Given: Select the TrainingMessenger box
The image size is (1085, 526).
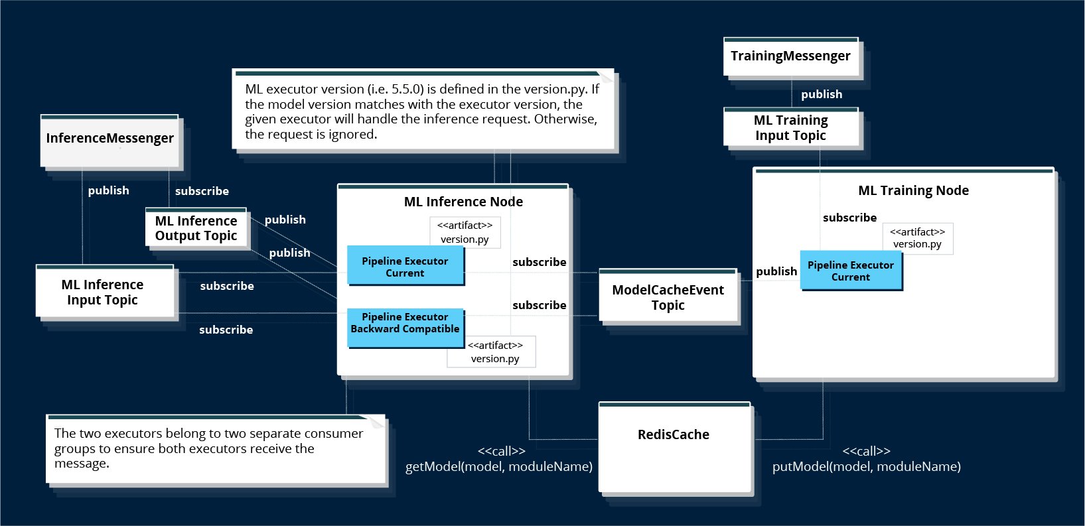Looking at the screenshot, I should (790, 57).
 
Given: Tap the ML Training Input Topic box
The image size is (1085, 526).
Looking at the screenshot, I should (790, 128).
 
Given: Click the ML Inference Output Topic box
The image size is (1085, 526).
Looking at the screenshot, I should (196, 228).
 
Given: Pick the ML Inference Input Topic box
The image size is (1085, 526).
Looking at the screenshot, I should (103, 292).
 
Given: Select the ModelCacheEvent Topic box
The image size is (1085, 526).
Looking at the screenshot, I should (668, 297).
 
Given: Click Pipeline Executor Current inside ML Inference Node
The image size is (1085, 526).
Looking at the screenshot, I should (405, 267).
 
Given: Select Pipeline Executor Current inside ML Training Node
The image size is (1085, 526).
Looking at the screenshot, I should (850, 271).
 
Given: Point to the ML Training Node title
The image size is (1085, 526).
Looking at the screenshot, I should (913, 191).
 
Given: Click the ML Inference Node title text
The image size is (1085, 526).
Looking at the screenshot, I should (463, 202).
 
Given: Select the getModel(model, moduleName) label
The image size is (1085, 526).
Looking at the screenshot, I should (498, 467).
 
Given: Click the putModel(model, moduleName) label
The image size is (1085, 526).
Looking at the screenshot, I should (866, 467).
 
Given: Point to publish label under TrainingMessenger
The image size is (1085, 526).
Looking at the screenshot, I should (821, 95).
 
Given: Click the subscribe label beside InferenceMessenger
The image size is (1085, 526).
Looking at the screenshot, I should (202, 191).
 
